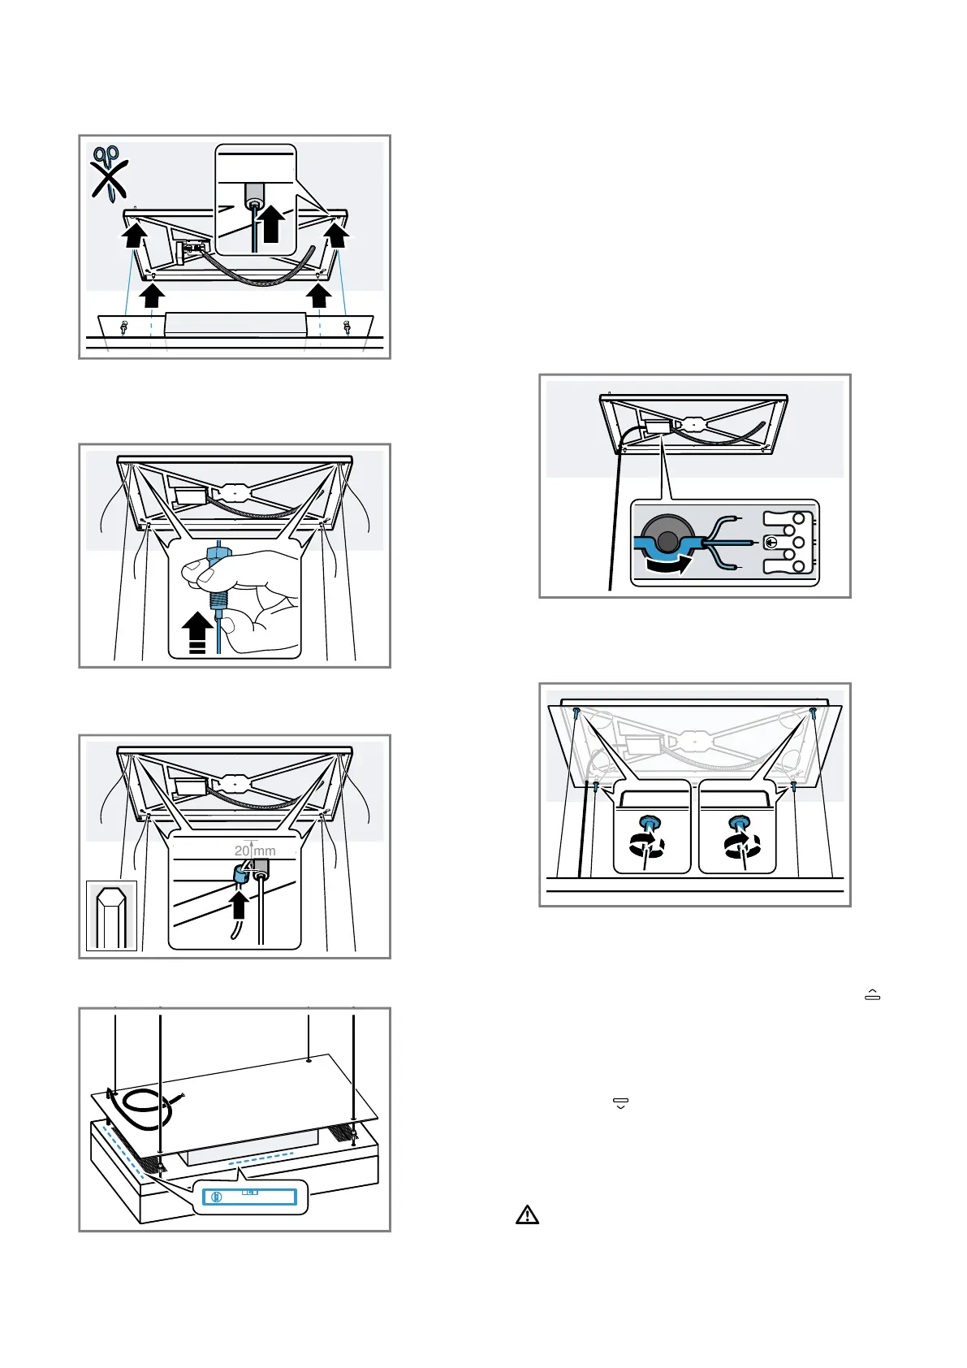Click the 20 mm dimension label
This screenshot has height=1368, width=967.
255,851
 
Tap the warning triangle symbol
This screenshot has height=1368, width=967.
527,1215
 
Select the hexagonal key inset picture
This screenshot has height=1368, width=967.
111,916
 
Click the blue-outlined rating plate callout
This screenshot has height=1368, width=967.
251,1197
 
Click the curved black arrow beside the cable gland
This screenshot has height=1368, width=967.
664,561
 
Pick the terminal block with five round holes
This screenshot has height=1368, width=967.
788,542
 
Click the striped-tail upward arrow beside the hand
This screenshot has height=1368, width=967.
197,632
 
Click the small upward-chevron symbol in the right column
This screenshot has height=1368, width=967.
873,995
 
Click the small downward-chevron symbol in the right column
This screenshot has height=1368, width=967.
620,1103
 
